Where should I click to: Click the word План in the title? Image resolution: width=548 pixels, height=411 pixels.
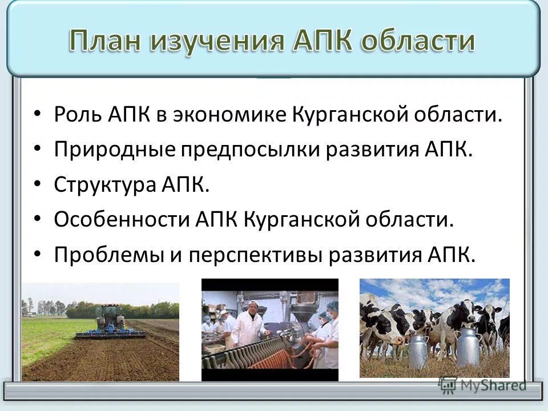109,41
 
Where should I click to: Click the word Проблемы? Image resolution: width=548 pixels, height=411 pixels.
107,254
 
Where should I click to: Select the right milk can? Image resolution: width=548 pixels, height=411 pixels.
468,346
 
